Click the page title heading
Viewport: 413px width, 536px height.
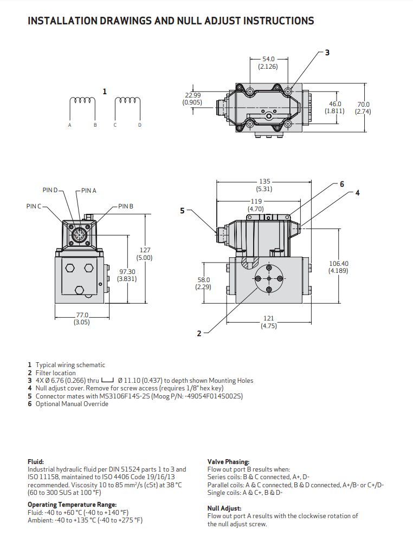tap(171, 21)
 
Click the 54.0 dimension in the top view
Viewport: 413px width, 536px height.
tap(268, 59)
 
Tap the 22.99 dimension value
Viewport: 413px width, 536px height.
tap(193, 95)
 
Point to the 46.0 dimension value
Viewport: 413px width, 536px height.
tap(335, 104)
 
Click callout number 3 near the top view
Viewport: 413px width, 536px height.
tap(327, 53)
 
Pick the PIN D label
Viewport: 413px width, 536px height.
tap(50, 190)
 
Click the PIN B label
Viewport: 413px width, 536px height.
tap(126, 206)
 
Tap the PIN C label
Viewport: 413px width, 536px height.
tap(34, 206)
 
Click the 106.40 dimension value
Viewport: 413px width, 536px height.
tap(338, 264)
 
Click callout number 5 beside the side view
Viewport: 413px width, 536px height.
tap(183, 211)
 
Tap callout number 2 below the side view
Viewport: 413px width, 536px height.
tap(199, 334)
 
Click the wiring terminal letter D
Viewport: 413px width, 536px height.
tap(140, 125)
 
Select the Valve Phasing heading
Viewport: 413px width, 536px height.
tap(228, 462)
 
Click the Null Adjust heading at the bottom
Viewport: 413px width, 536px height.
tap(224, 508)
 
